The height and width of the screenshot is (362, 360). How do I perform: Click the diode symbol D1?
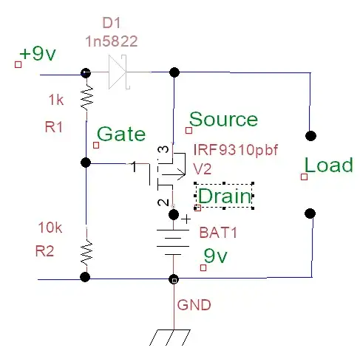(119, 73)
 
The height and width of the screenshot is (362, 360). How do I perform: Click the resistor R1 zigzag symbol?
(86, 97)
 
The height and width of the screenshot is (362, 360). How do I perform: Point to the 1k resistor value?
(58, 99)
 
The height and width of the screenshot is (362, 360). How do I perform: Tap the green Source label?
(224, 120)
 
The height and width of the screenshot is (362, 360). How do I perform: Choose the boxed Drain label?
(224, 197)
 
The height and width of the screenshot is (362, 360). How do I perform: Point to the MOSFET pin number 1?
(134, 167)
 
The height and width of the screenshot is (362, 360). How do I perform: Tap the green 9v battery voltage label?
(217, 256)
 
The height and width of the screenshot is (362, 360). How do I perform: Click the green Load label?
(329, 165)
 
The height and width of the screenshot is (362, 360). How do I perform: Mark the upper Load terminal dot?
(310, 136)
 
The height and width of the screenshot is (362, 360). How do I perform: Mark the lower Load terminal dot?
(310, 214)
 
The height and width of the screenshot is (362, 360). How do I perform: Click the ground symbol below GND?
(173, 336)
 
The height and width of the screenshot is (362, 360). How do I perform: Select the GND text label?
(194, 304)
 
